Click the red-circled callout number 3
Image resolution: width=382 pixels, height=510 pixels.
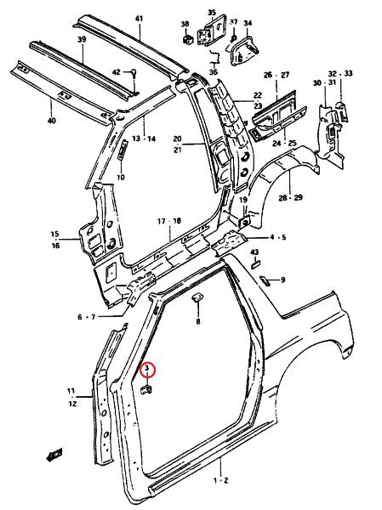[146, 368]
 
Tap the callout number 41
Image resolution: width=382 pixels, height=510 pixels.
[139, 19]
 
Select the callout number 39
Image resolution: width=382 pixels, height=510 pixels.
[82, 40]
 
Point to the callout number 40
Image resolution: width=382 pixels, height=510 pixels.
[52, 121]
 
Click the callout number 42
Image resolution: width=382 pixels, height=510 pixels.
[117, 72]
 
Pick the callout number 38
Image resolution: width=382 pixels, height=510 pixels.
[185, 24]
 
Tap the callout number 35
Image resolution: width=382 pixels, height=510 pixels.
[212, 13]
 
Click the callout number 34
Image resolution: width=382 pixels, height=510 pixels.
[248, 23]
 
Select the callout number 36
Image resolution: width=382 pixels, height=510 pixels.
[214, 72]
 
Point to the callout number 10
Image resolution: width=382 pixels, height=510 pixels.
[121, 178]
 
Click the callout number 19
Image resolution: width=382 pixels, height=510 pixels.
[243, 200]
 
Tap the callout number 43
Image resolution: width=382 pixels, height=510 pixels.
[254, 252]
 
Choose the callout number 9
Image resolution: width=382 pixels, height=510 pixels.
[282, 280]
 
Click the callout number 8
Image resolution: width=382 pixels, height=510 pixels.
[198, 322]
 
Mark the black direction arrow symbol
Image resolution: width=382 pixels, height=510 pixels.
[54, 455]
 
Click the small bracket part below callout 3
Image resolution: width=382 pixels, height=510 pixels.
[146, 389]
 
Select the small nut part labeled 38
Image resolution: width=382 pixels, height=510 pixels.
[188, 39]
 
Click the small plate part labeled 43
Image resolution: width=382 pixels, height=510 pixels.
[255, 263]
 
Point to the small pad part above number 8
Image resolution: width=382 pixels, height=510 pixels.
[197, 297]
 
